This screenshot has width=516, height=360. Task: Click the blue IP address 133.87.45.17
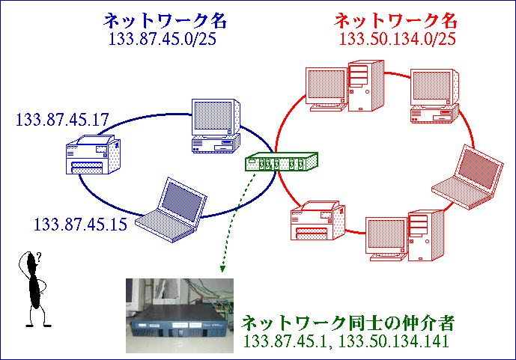point(62,120)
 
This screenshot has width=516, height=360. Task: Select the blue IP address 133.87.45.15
point(80,225)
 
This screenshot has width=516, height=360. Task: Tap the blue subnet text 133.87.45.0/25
point(163,39)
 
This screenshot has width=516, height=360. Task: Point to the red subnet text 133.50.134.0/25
point(397,39)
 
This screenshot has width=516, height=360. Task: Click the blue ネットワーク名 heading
point(166,21)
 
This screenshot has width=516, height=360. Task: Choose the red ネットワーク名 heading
point(395,21)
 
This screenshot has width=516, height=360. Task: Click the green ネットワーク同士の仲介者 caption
point(347,323)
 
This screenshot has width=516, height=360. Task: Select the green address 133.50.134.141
point(394,341)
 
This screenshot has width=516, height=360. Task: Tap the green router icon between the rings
point(282,162)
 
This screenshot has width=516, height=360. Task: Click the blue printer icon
point(93,154)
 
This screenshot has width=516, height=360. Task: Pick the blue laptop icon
point(171,210)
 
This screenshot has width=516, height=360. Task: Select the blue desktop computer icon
point(216,126)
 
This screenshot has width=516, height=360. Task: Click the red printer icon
point(318,221)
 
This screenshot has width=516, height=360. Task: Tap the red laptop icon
point(467,177)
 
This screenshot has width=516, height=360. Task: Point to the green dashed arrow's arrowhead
point(222,269)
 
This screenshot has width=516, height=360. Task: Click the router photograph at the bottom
point(180,316)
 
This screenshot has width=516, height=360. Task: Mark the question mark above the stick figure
point(39,256)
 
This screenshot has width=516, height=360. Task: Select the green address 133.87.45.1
point(285,341)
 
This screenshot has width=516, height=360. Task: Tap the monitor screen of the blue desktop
point(213,116)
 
